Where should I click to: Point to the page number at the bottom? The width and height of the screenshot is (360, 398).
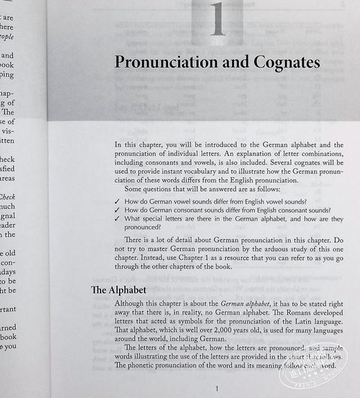point(217,389)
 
